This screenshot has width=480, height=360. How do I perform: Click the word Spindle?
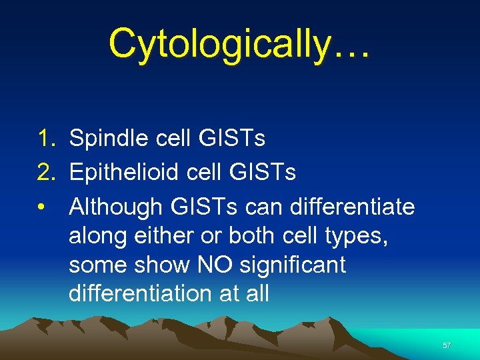click(x=107, y=139)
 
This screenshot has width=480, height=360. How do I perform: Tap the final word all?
click(x=257, y=293)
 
